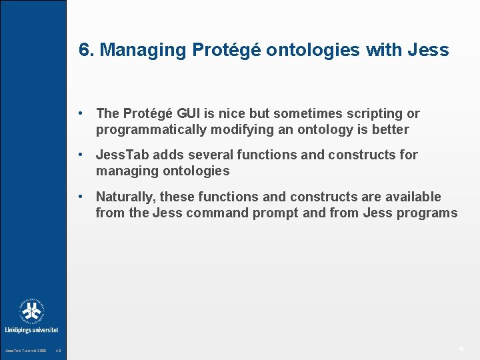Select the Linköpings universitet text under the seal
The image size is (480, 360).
[x=31, y=330]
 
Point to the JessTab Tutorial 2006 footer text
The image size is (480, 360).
[x=25, y=351]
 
